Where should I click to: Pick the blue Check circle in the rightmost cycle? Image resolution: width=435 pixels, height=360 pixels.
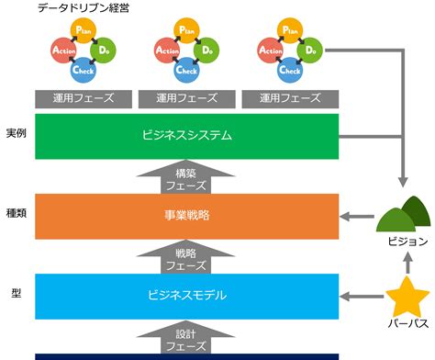tap(289, 69)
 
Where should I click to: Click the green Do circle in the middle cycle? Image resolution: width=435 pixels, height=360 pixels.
tap(207, 50)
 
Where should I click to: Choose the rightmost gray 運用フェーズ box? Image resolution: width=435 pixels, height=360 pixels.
tap(289, 97)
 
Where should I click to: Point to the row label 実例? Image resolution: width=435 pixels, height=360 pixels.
tap(15, 133)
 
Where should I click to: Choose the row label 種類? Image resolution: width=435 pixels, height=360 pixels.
tap(15, 209)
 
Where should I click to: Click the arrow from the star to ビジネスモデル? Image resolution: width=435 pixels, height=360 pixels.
tap(362, 296)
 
